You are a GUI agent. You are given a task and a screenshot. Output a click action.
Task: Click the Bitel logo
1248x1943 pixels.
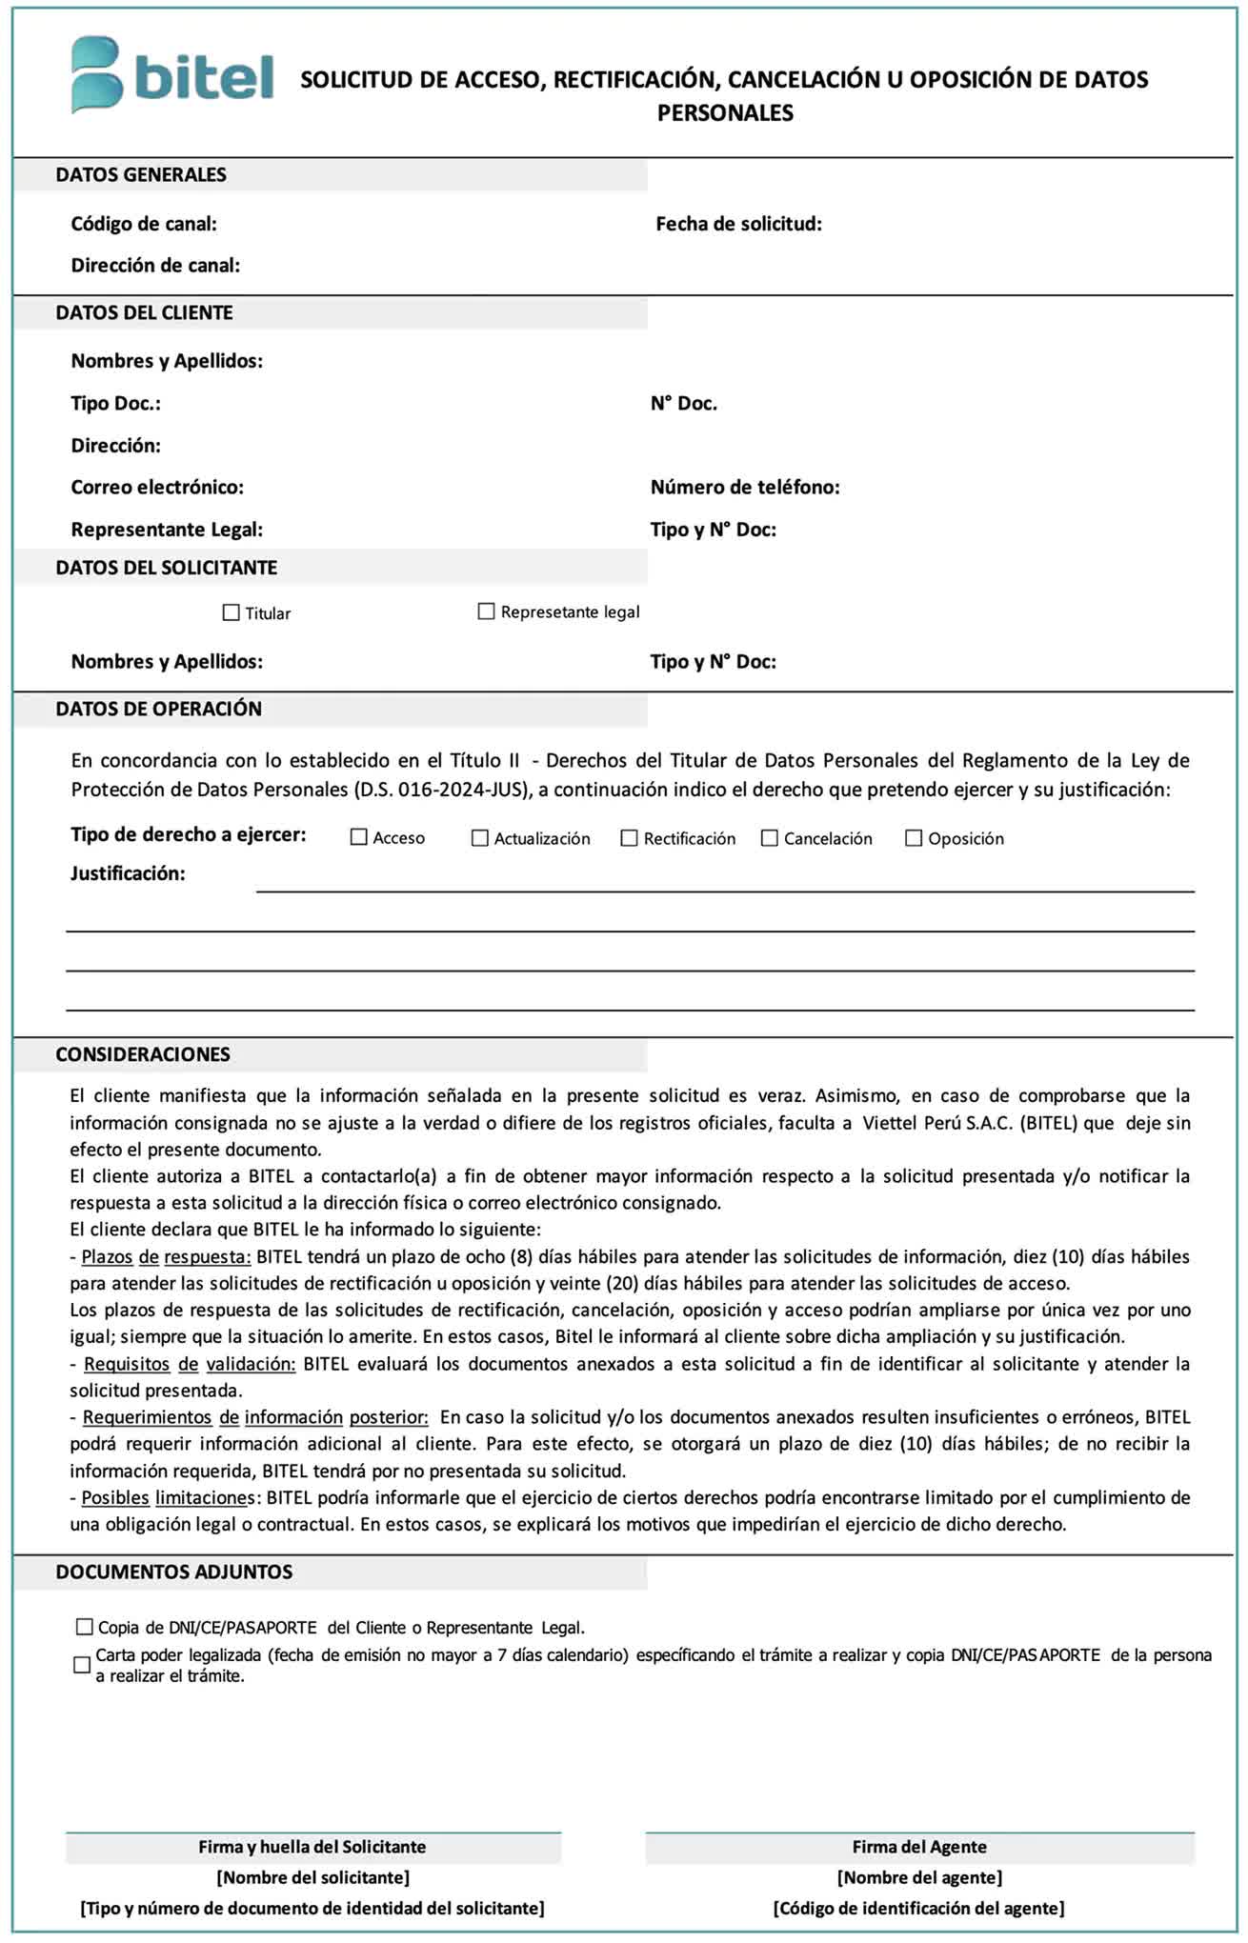pyautogui.click(x=171, y=75)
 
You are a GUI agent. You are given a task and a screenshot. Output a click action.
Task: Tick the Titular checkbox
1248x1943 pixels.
pyautogui.click(x=231, y=612)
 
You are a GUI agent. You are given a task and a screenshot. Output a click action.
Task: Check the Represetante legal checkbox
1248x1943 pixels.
pyautogui.click(x=486, y=611)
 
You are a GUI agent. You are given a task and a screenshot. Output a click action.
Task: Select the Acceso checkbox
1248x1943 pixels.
pyautogui.click(x=359, y=837)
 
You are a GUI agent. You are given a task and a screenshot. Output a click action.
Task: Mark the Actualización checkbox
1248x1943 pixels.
pyautogui.click(x=480, y=838)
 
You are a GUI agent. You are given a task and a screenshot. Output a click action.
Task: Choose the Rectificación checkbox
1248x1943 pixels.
pyautogui.click(x=629, y=838)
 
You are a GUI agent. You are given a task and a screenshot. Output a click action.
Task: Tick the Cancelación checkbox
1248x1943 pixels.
pyautogui.click(x=770, y=838)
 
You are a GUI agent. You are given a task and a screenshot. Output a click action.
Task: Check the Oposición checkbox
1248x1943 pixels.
pyautogui.click(x=914, y=838)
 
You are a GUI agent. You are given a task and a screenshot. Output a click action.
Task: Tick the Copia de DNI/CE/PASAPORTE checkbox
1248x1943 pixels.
pyautogui.click(x=85, y=1627)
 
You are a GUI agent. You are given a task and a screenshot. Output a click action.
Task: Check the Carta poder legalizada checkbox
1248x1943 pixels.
pyautogui.click(x=83, y=1665)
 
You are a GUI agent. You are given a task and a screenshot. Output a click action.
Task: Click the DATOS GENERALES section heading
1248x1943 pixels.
pyautogui.click(x=141, y=175)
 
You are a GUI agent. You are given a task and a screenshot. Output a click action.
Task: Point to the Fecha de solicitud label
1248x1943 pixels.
pyautogui.click(x=738, y=225)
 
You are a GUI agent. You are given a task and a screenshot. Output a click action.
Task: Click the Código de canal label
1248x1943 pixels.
pyautogui.click(x=144, y=225)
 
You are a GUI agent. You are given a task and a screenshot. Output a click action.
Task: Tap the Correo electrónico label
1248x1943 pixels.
pyautogui.click(x=157, y=488)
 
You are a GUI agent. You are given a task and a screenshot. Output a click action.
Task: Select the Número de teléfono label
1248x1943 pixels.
pyautogui.click(x=745, y=488)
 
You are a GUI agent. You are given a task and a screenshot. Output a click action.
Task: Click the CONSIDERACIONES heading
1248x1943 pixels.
pyautogui.click(x=143, y=1054)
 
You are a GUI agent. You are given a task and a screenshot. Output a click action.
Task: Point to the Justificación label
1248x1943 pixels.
pyautogui.click(x=128, y=873)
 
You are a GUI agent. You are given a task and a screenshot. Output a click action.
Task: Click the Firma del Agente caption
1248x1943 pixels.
pyautogui.click(x=919, y=1847)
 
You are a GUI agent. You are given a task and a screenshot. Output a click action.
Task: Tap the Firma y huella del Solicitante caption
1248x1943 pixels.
pyautogui.click(x=312, y=1847)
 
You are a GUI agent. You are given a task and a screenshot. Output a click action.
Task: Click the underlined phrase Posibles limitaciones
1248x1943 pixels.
pyautogui.click(x=168, y=1497)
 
